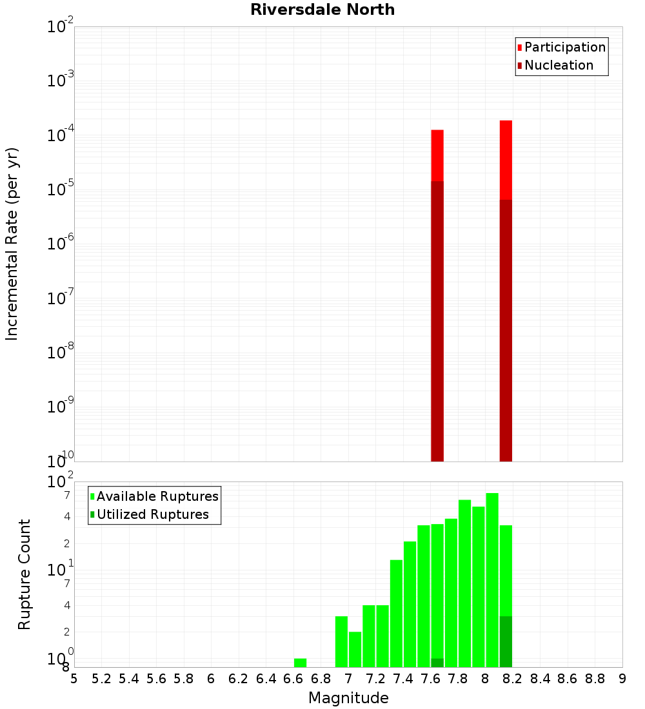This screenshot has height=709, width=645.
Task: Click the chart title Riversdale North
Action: click(x=322, y=10)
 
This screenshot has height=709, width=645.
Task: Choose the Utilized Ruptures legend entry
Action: click(x=152, y=514)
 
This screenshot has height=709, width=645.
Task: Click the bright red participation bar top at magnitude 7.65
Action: click(x=437, y=155)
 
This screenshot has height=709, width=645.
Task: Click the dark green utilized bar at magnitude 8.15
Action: click(x=506, y=641)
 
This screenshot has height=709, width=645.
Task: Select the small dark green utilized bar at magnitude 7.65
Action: click(x=437, y=663)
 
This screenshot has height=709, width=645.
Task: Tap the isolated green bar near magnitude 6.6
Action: click(x=300, y=663)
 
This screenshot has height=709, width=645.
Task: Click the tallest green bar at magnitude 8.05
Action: click(x=492, y=580)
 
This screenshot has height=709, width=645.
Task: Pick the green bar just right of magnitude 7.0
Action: click(x=355, y=649)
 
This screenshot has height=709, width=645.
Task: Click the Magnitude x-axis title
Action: click(x=348, y=698)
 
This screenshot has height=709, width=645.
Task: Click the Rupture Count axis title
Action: click(x=25, y=574)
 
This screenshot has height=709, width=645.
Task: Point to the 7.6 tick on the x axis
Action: click(x=430, y=679)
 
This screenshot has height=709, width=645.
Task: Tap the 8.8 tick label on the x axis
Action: click(x=595, y=679)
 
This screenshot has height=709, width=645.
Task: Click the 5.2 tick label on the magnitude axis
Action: click(x=101, y=679)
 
